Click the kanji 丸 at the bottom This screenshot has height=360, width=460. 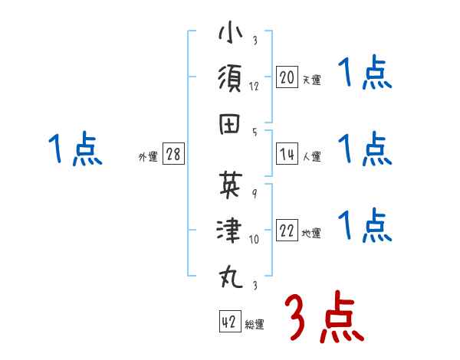pyautogui.click(x=229, y=274)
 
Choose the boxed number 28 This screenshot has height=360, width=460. pyautogui.click(x=173, y=154)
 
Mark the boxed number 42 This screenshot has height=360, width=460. pyautogui.click(x=229, y=322)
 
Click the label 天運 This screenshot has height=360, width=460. pyautogui.click(x=311, y=80)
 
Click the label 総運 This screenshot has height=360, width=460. pyautogui.click(x=255, y=325)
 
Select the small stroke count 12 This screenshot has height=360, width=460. pyautogui.click(x=254, y=86)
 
